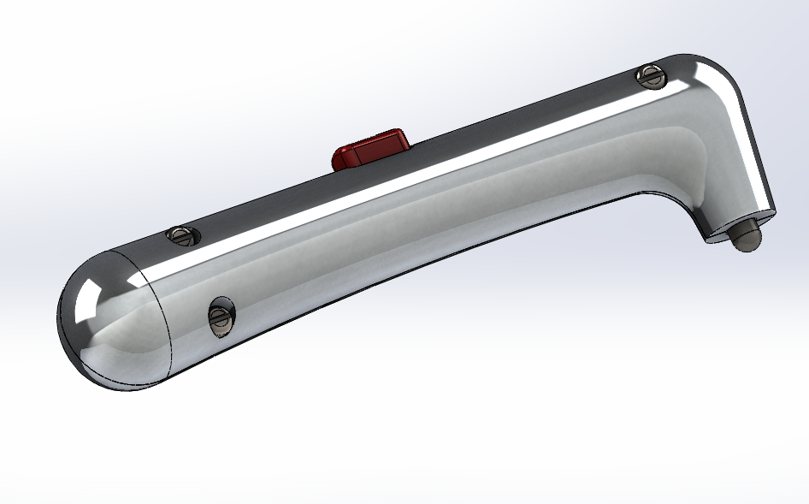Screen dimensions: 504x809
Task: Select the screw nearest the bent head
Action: pyautogui.click(x=651, y=76)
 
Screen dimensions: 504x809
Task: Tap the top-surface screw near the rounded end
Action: pyautogui.click(x=181, y=234)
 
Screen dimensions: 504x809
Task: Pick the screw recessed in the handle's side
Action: pyautogui.click(x=220, y=317)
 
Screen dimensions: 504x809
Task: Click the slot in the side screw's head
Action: pyautogui.click(x=219, y=318)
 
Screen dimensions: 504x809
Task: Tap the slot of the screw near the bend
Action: pyautogui.click(x=652, y=76)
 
